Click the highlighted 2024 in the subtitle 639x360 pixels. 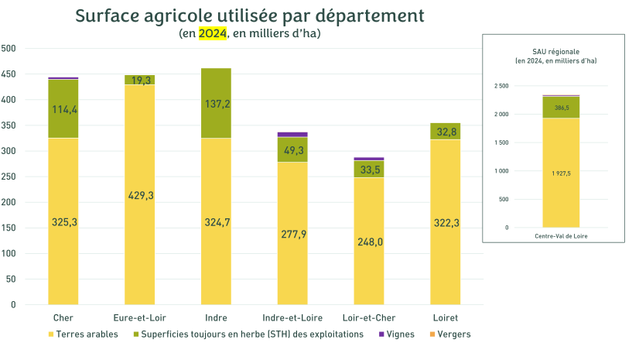[x=213, y=33]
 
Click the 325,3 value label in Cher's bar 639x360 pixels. [x=63, y=222]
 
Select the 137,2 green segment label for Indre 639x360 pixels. [x=216, y=103]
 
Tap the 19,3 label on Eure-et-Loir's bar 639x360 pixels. [x=140, y=80]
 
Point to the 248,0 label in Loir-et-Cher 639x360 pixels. [x=368, y=242]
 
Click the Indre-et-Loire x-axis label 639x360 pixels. [x=292, y=318]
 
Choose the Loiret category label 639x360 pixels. [x=445, y=318]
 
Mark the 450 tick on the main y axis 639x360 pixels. [x=9, y=74]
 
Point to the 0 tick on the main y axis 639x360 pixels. [x=13, y=305]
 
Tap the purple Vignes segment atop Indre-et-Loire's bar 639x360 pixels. [x=292, y=134]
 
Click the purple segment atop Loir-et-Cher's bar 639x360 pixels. [x=368, y=159]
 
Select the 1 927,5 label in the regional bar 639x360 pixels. [x=561, y=173]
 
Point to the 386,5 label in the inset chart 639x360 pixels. [x=561, y=108]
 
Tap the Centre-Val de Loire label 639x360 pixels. [x=561, y=235]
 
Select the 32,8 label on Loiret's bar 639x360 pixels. [x=445, y=132]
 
